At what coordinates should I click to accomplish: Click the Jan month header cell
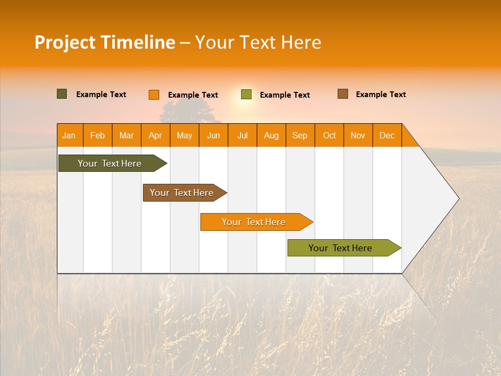[x=69, y=135]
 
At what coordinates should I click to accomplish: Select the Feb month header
[x=98, y=135]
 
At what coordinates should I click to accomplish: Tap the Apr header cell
[x=156, y=135]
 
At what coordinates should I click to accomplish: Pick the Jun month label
[x=213, y=135]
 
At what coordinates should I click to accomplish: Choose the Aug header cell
[x=271, y=135]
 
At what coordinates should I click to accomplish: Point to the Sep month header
[x=300, y=135]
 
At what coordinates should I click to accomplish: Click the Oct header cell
[x=329, y=135]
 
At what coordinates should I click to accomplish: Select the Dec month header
[x=387, y=135]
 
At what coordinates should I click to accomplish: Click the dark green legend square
[x=62, y=94]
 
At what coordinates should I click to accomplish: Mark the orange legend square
[x=154, y=95]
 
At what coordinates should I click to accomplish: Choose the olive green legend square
[x=246, y=95]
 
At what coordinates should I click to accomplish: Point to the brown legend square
[x=343, y=94]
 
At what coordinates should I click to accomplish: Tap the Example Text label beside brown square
[x=380, y=95]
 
